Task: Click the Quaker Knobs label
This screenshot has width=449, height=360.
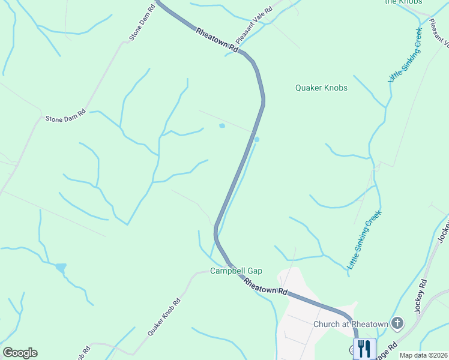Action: (321, 88)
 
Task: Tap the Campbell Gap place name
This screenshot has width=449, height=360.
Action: (236, 271)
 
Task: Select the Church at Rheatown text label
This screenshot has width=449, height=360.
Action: (351, 325)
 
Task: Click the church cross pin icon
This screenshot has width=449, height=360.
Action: (397, 324)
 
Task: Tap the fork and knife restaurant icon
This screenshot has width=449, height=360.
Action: (364, 349)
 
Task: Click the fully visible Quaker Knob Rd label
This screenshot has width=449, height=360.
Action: (164, 317)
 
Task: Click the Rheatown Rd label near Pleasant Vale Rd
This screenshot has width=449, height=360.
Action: (216, 41)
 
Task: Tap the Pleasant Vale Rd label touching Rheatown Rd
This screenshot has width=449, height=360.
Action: (254, 26)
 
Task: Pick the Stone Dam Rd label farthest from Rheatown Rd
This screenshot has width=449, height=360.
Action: (65, 115)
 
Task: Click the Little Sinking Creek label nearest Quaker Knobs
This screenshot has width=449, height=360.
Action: (405, 55)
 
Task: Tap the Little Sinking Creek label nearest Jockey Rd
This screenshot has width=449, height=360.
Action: (365, 239)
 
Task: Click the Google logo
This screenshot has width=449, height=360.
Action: (20, 353)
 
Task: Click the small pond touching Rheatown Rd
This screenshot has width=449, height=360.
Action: (256, 140)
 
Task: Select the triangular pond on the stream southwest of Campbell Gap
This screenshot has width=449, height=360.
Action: (60, 268)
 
